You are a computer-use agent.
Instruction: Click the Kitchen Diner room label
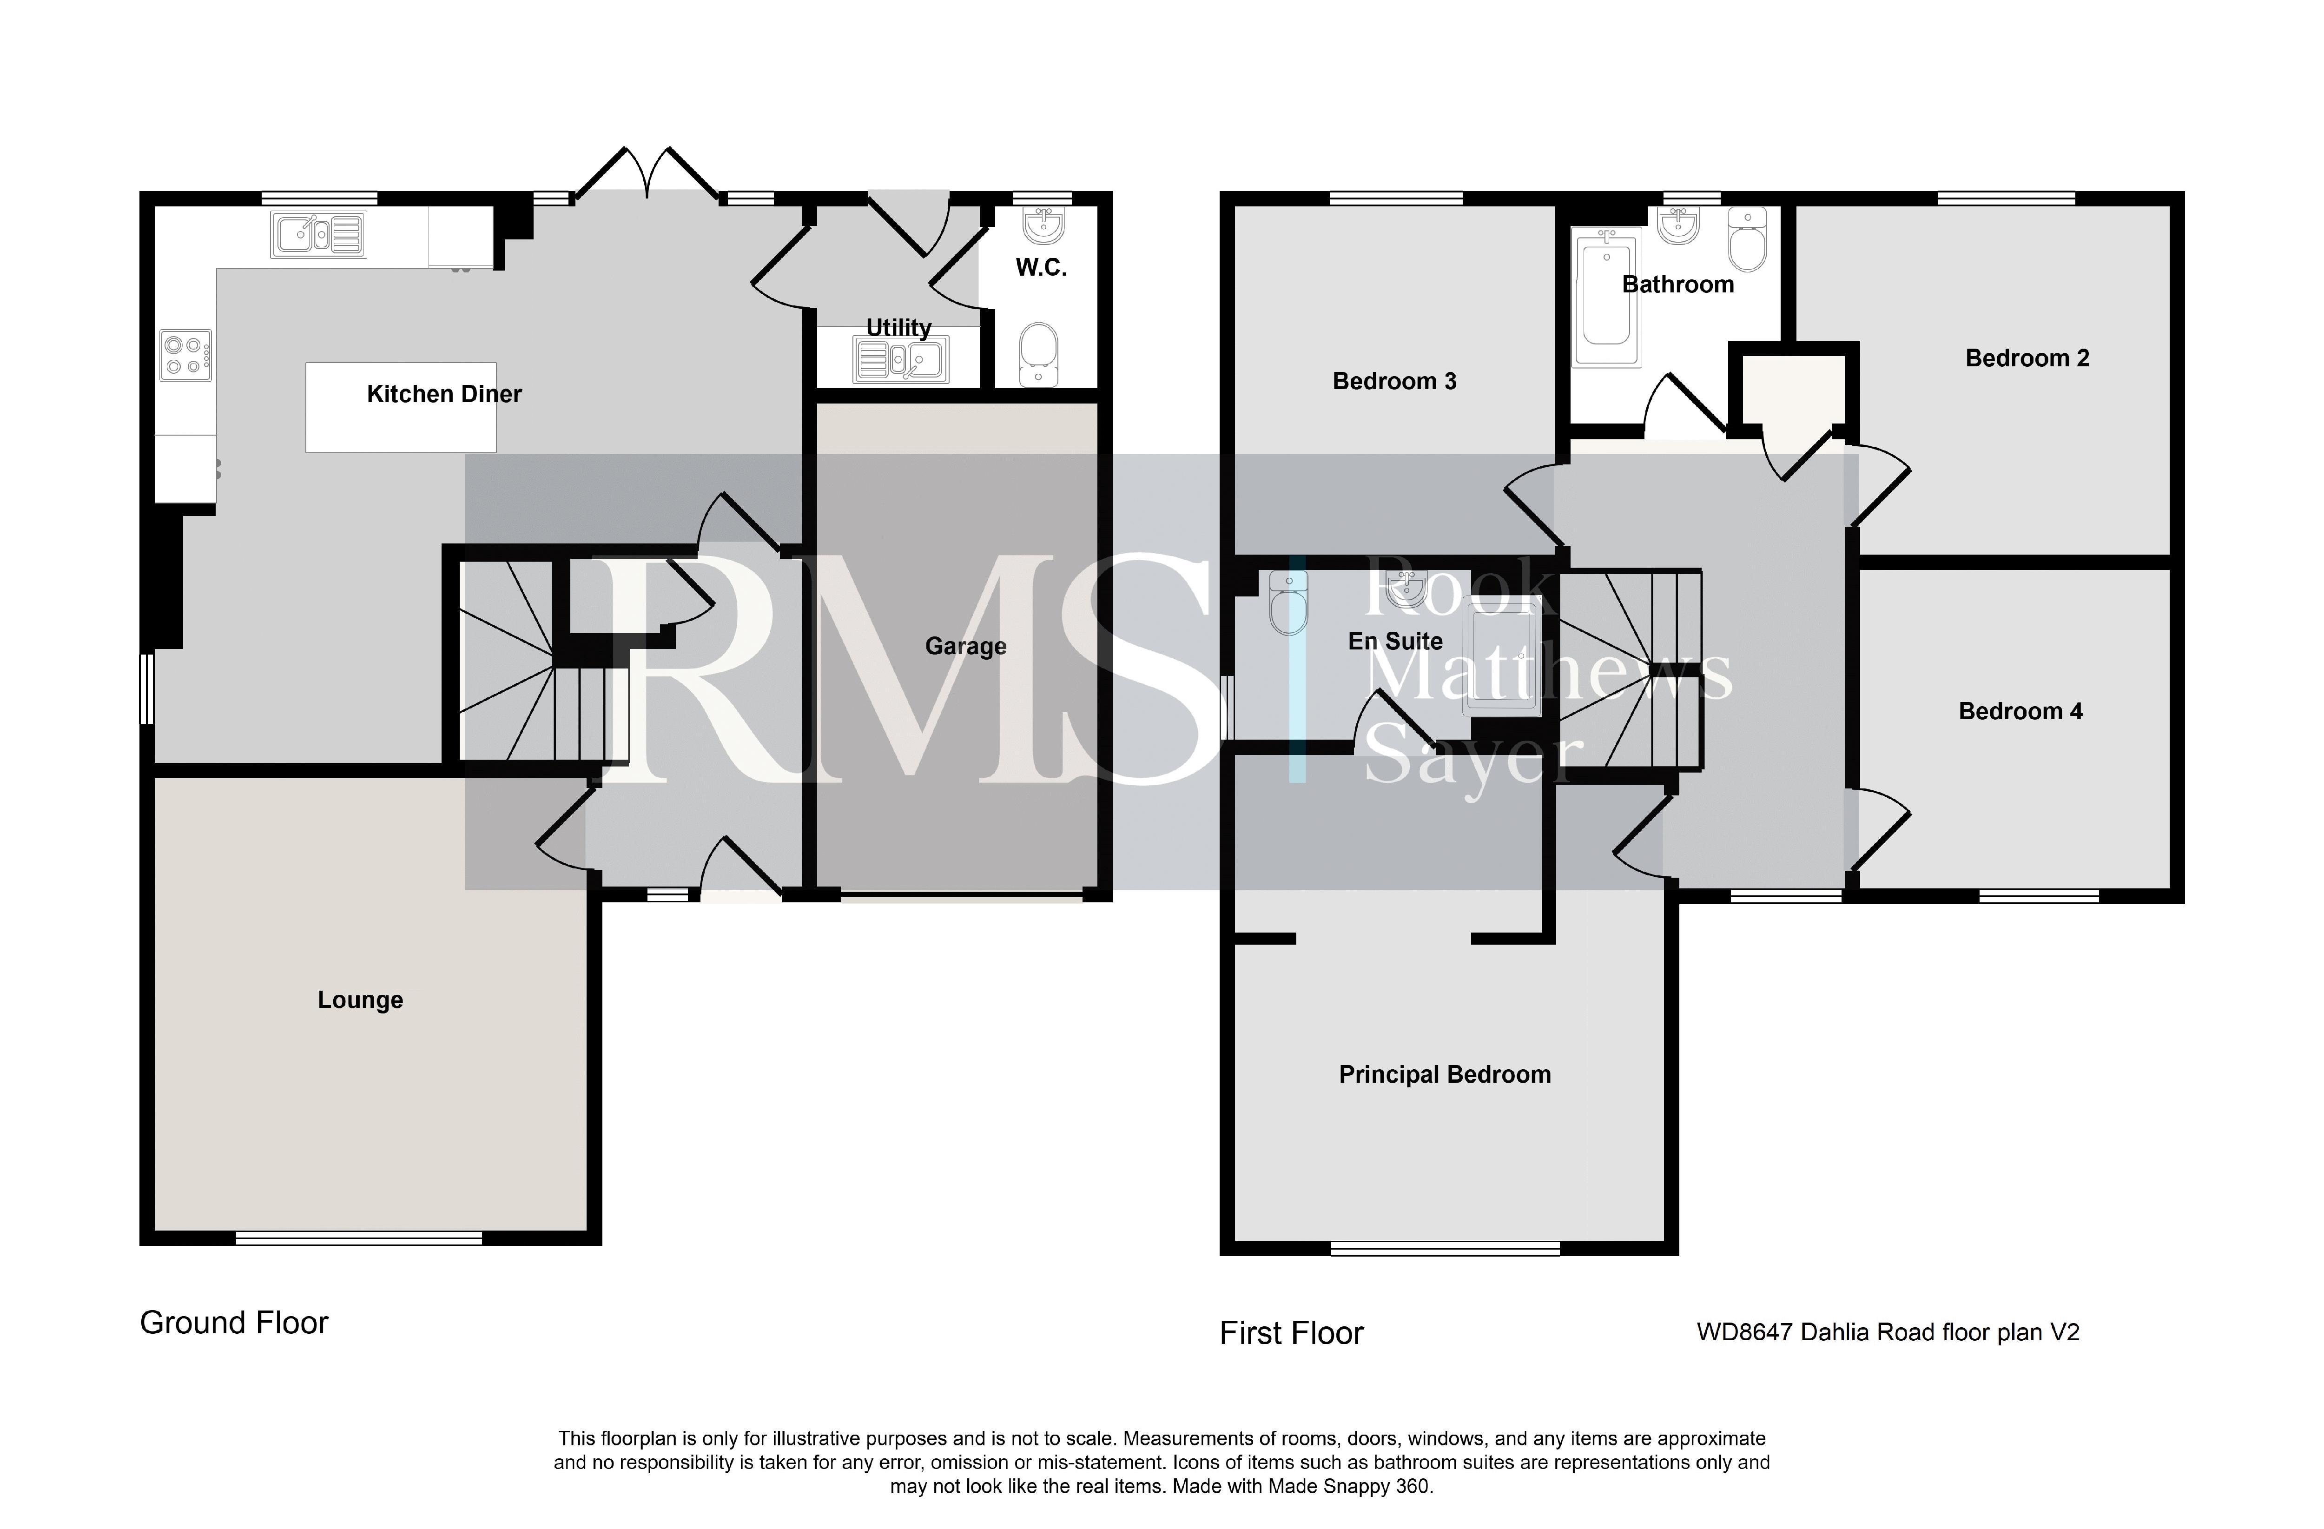coord(444,395)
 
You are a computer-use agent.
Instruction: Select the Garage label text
coord(966,646)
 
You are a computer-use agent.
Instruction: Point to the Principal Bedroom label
coord(1444,1075)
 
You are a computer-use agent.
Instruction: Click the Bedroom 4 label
coord(2020,712)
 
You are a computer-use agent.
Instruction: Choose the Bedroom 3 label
coord(1394,382)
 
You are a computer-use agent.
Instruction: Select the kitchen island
coord(400,407)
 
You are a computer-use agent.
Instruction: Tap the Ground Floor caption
coord(234,1323)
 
